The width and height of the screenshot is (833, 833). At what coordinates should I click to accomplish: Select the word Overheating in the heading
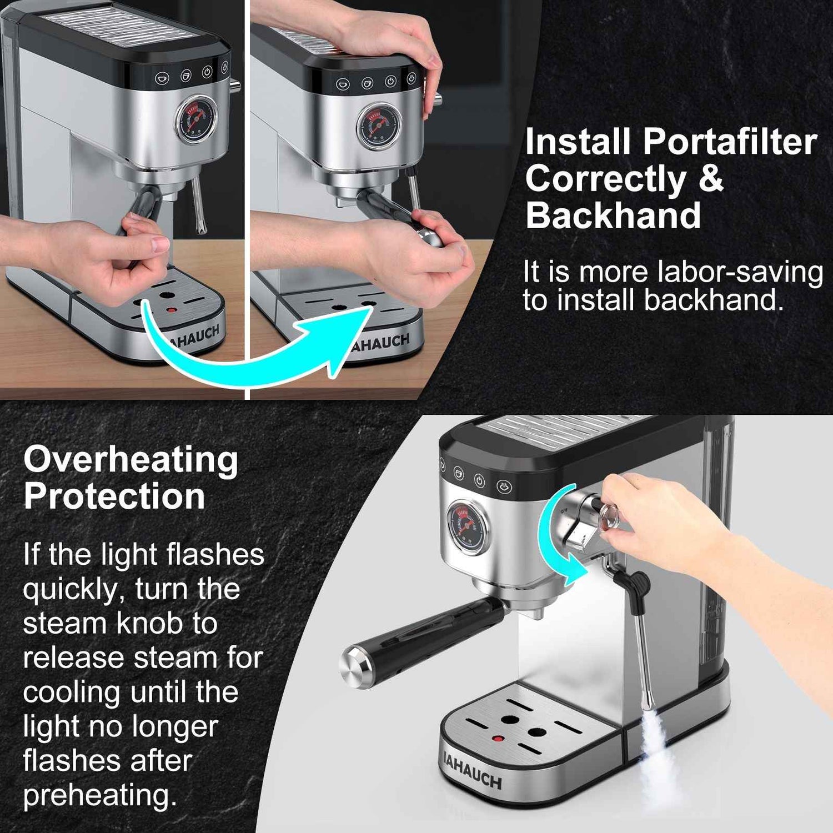tap(131, 460)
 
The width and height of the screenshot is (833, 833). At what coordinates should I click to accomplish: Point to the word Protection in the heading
tap(114, 496)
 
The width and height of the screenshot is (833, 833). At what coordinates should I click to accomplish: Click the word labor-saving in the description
tap(739, 272)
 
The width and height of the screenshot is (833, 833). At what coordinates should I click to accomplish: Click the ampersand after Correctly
tap(711, 179)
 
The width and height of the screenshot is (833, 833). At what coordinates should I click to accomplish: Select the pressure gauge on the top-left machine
tap(197, 119)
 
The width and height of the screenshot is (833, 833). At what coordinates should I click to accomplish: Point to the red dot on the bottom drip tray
tap(498, 739)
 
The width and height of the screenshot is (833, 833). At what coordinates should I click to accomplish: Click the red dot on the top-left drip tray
tap(173, 310)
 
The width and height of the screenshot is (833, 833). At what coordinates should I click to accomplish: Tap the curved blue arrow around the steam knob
tap(555, 533)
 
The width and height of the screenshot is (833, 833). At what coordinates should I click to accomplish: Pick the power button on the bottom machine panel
tap(479, 481)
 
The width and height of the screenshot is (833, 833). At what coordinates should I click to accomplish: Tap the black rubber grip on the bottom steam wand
tap(636, 583)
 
